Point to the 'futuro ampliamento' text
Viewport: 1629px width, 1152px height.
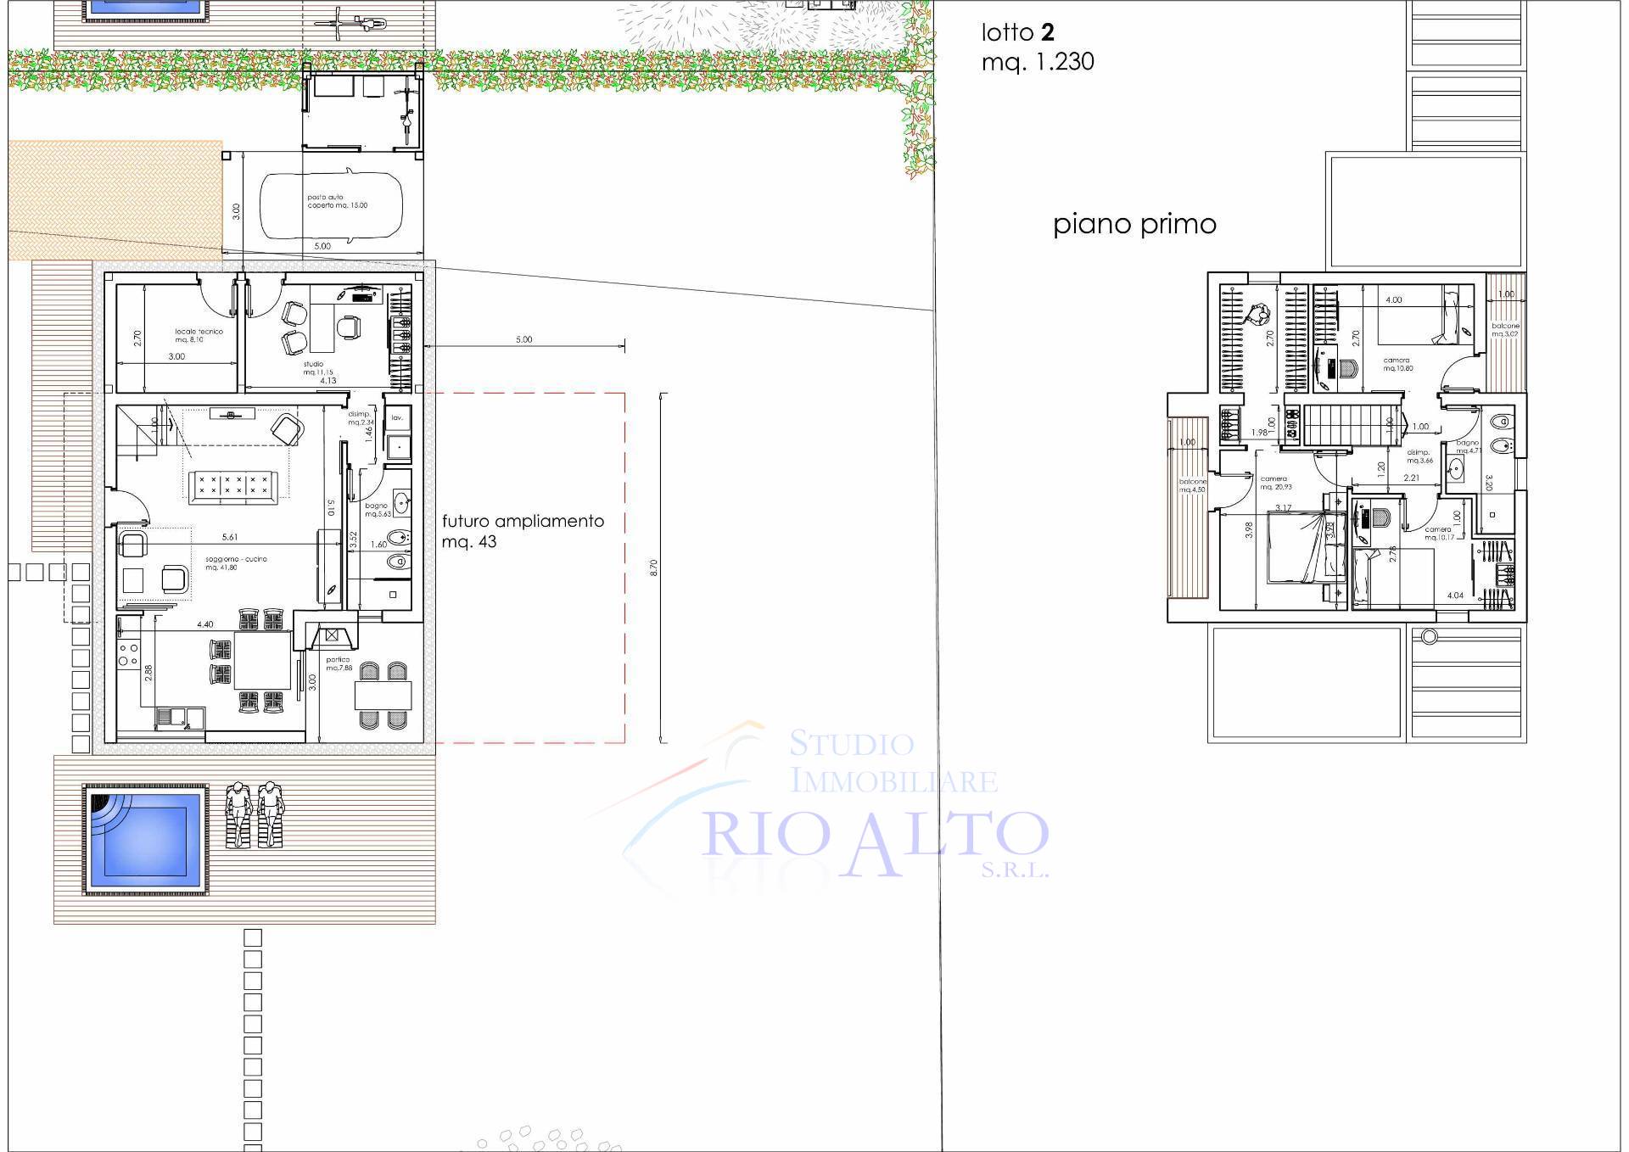[523, 521]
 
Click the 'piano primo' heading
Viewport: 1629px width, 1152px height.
[1134, 225]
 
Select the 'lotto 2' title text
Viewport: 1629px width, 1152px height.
[1017, 33]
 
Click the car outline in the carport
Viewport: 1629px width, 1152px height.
[332, 206]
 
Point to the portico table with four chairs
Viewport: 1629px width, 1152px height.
[383, 696]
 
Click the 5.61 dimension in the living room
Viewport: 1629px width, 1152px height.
[229, 537]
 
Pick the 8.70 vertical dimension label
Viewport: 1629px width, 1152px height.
[653, 568]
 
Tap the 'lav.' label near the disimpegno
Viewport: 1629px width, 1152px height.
[396, 418]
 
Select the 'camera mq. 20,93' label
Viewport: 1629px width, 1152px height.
[1275, 483]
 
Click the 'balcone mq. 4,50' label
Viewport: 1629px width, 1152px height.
[1192, 485]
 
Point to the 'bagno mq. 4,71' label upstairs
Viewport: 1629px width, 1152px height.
[1468, 447]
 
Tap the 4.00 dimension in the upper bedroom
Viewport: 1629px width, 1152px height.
[1393, 299]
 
